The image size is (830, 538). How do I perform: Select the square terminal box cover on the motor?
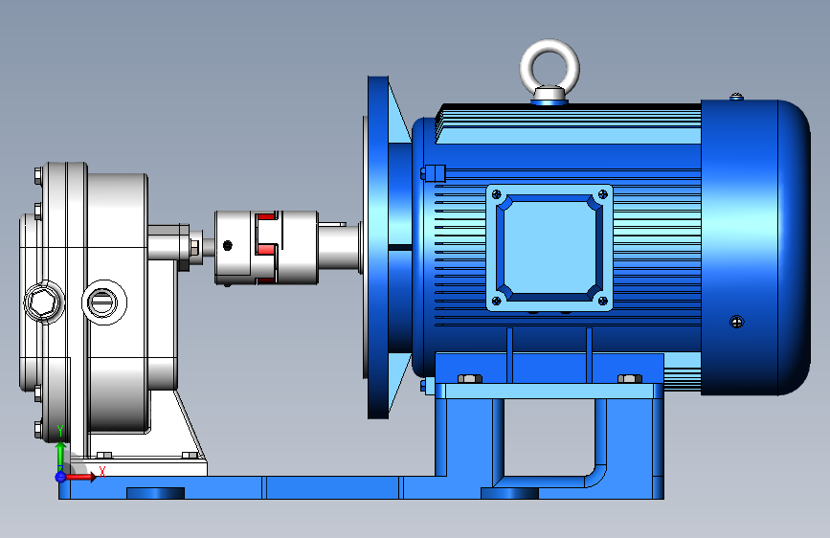550,248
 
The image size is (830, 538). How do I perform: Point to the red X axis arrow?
80,477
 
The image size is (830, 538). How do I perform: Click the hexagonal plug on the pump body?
43,302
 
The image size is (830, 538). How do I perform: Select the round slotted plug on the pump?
103,302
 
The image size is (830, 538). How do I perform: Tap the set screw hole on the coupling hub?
228,245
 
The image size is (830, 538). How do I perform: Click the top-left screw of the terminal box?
497,194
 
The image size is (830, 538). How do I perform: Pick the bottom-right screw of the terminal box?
602,301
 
